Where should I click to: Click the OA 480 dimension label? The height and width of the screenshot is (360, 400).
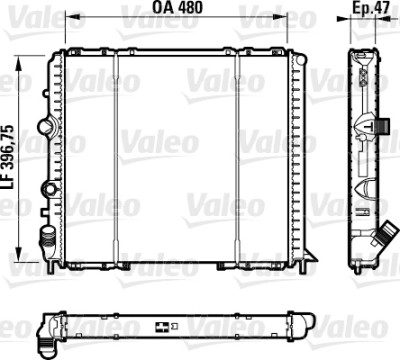coord(177,7)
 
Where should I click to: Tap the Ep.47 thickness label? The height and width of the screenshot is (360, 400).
coord(371,8)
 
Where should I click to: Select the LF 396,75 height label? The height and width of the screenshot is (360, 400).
coord(9,158)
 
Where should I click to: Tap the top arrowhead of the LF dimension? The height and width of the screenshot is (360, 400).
coord(19,63)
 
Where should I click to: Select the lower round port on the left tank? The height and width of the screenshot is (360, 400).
coord(49,189)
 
